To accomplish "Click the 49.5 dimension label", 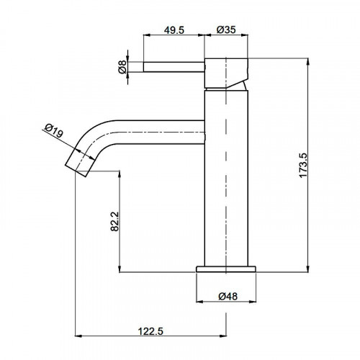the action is pyautogui.click(x=174, y=30).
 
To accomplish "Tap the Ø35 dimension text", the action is pyautogui.click(x=226, y=30).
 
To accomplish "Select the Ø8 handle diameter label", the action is pyautogui.click(x=122, y=67).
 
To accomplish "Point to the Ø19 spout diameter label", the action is pyautogui.click(x=54, y=130).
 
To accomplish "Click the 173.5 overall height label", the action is pyautogui.click(x=303, y=166).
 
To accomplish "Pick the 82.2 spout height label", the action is pyautogui.click(x=114, y=221).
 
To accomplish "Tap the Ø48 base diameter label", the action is pyautogui.click(x=228, y=296).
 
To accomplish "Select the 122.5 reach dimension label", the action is pyautogui.click(x=150, y=331).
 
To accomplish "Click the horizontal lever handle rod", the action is pyautogui.click(x=174, y=67).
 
